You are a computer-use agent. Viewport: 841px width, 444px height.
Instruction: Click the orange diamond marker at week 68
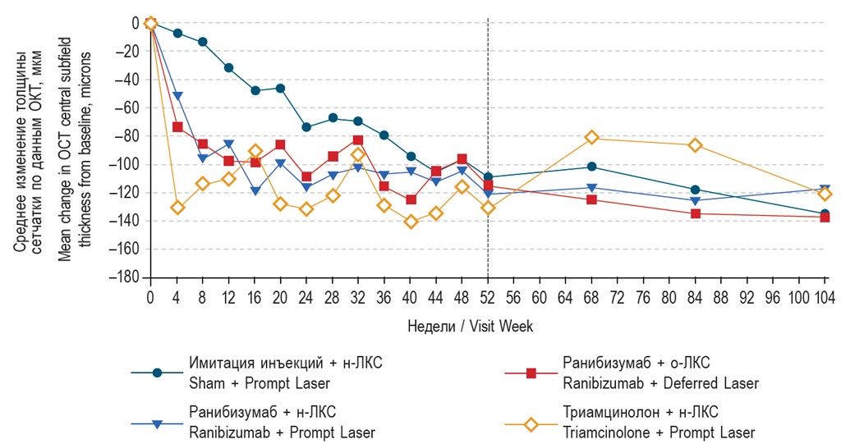591,138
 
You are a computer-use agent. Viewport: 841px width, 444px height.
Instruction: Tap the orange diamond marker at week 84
696,145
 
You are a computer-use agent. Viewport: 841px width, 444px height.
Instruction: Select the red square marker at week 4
177,126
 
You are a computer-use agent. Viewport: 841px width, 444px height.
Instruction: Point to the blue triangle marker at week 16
255,191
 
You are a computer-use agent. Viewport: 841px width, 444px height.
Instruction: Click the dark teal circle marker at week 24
306,127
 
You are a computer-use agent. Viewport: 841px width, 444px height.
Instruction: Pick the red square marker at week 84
696,213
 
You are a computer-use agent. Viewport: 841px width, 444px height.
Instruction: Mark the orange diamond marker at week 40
411,222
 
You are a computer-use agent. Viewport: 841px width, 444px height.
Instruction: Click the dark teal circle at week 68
591,167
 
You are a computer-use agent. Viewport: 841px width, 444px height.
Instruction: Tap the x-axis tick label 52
488,295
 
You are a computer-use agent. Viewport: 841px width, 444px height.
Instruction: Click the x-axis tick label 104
824,295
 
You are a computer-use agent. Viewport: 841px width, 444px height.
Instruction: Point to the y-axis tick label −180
124,277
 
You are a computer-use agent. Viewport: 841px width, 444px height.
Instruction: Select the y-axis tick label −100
124,164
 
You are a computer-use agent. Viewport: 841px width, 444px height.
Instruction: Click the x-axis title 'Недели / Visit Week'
470,327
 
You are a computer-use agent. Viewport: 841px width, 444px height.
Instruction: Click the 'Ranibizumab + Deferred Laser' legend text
660,383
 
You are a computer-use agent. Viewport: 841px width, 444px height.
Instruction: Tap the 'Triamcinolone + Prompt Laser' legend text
658,433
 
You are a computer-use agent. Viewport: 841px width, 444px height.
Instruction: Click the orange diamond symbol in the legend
531,424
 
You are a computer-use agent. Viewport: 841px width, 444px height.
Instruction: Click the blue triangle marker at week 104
825,190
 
